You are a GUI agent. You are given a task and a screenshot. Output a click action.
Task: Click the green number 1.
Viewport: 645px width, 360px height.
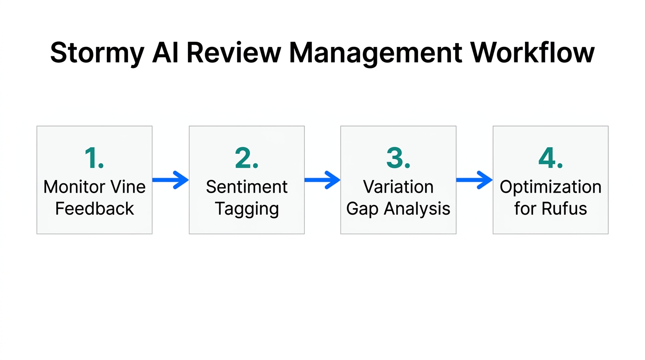pos(94,158)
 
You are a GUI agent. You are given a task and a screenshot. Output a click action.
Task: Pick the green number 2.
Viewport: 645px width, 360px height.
pos(247,158)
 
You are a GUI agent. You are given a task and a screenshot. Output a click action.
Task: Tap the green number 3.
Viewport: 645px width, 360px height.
pos(398,158)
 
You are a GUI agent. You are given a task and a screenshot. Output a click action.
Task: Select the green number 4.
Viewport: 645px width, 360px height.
pos(550,158)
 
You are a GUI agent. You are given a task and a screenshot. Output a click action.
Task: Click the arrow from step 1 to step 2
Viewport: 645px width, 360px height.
pos(171,180)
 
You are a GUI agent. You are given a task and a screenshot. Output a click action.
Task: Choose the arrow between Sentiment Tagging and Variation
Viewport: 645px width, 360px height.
pos(322,180)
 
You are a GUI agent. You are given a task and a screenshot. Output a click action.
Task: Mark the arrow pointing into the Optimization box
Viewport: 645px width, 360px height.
pos(474,180)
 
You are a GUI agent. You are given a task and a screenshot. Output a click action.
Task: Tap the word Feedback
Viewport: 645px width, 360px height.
pos(94,209)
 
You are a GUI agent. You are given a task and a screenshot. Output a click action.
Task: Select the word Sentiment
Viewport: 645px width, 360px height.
pos(247,187)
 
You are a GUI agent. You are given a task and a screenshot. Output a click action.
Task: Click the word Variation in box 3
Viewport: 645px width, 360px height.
pos(398,187)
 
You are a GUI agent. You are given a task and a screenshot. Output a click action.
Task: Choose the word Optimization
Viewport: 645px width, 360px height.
pos(550,187)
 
